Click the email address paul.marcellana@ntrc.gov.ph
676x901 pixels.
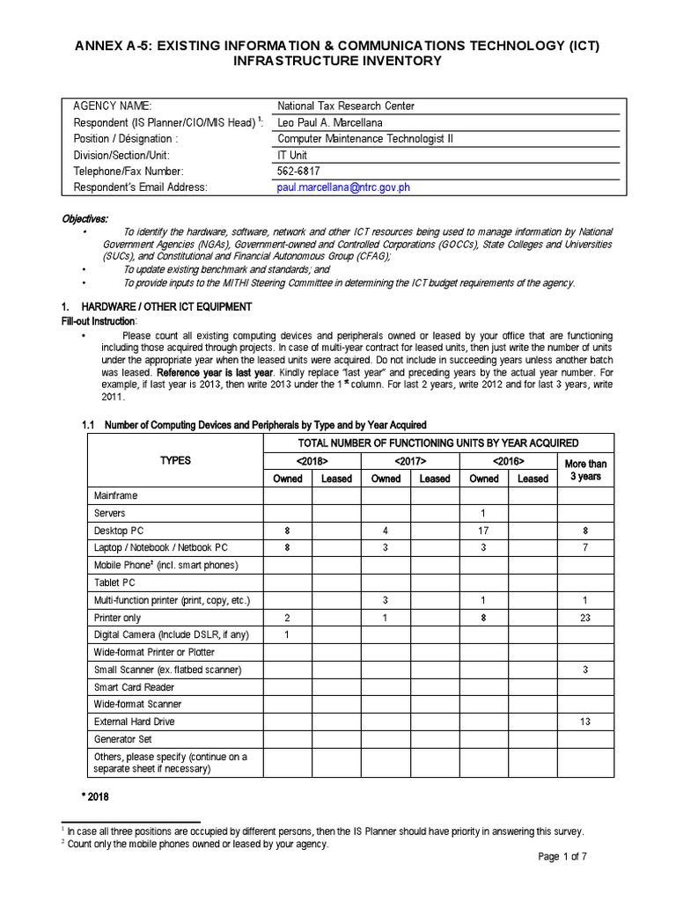344,187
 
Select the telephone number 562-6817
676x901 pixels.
298,172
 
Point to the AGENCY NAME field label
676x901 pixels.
112,106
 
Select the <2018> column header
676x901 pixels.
312,462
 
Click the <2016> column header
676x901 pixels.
508,462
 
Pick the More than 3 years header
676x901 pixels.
585,470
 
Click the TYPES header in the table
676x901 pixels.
174,461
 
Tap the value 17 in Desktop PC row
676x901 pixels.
483,531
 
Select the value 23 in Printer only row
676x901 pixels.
585,618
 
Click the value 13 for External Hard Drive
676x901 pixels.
585,722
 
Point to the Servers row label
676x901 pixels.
110,513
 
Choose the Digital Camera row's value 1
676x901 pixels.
288,634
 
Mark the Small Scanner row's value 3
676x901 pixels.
585,670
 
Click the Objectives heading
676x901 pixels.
85,219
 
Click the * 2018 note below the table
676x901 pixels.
94,797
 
